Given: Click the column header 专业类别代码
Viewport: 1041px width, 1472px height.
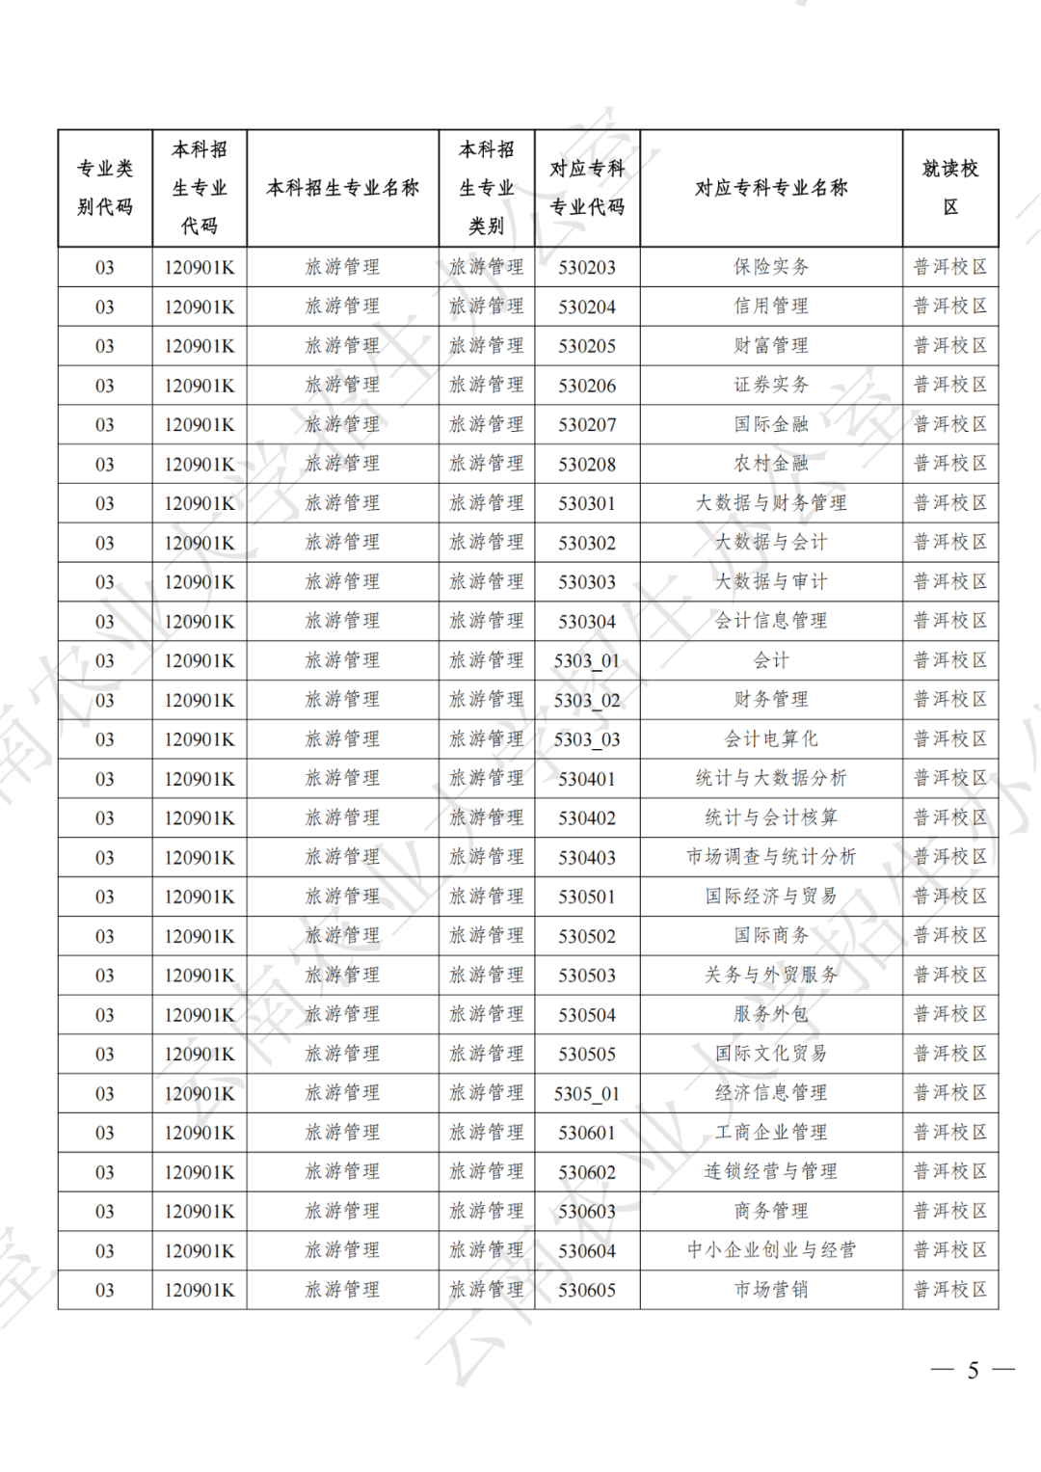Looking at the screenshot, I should coord(105,188).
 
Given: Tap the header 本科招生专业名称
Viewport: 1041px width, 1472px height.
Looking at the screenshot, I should coord(342,188).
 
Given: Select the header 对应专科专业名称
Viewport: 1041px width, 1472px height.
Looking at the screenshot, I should coord(771,188).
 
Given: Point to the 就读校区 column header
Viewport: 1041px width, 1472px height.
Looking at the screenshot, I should coord(950,188).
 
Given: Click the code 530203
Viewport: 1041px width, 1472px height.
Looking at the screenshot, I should coord(587,268).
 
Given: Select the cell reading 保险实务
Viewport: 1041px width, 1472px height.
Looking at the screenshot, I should coord(771,267).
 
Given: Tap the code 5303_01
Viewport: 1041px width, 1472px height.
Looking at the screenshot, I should coord(587,661).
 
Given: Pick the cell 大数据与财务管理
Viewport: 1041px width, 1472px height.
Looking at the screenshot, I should coord(771,503).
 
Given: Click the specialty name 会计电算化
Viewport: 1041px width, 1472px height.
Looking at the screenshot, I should coord(771,739).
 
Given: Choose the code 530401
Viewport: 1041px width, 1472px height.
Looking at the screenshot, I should coord(587,779).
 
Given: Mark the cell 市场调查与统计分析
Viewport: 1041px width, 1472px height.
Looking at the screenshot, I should coord(771,857).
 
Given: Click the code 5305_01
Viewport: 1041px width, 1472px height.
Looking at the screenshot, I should coord(587,1094).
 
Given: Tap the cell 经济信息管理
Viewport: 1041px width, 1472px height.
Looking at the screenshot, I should coord(771,1093).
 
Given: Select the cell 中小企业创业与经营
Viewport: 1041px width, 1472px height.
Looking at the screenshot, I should coord(771,1250).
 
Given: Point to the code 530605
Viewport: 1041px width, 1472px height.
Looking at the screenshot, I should coord(587,1291).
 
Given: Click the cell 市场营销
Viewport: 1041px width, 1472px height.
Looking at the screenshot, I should coord(771,1290).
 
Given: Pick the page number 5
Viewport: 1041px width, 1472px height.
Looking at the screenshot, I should coord(974,1370).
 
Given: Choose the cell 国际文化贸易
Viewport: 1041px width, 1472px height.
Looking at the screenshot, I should coord(771,1054).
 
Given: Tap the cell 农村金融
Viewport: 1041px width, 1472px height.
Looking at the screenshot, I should coord(771,464).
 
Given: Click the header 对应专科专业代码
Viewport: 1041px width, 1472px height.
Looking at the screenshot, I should coord(587,188).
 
